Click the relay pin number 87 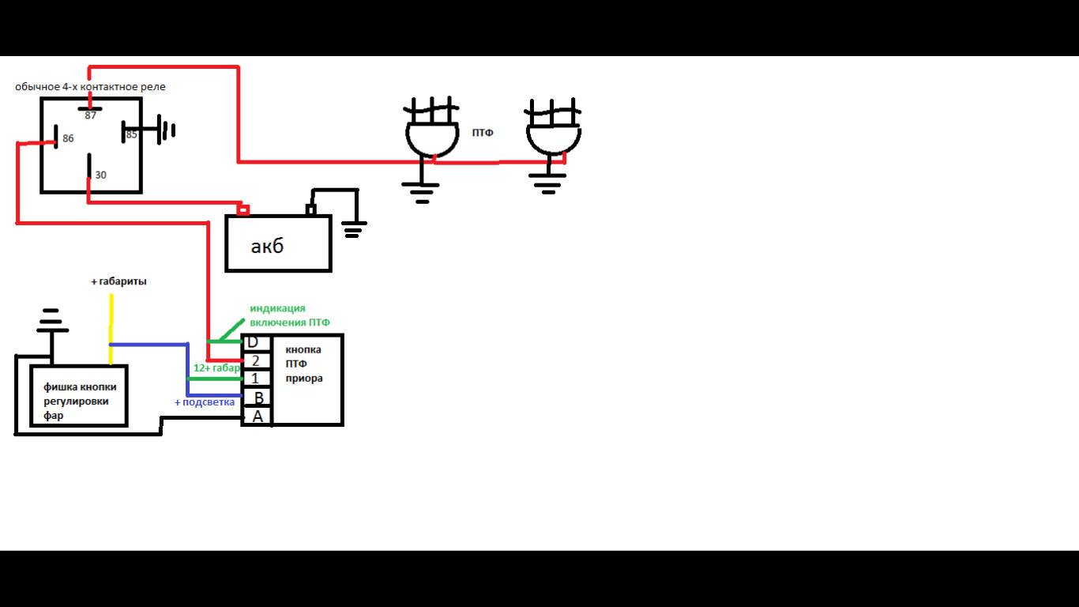pyautogui.click(x=90, y=115)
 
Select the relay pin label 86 pyautogui.click(x=68, y=138)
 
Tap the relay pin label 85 pyautogui.click(x=131, y=134)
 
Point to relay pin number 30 pyautogui.click(x=100, y=175)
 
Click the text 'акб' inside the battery pyautogui.click(x=267, y=247)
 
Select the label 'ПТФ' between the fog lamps pyautogui.click(x=483, y=133)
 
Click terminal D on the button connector pyautogui.click(x=253, y=342)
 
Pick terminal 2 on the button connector pyautogui.click(x=255, y=360)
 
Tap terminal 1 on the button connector pyautogui.click(x=255, y=379)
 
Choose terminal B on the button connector pyautogui.click(x=258, y=398)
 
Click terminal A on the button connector pyautogui.click(x=258, y=416)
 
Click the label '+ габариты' pyautogui.click(x=118, y=281)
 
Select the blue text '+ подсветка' pyautogui.click(x=205, y=402)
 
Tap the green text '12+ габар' pyautogui.click(x=216, y=368)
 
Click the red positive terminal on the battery pyautogui.click(x=244, y=210)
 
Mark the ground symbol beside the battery pyautogui.click(x=353, y=230)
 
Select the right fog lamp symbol pyautogui.click(x=553, y=134)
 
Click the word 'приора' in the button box pyautogui.click(x=304, y=378)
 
